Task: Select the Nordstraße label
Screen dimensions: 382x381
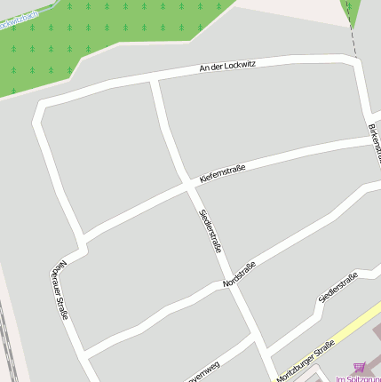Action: click(240, 274)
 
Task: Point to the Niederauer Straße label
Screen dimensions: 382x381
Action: click(60, 289)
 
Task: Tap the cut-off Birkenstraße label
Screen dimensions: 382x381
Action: click(374, 141)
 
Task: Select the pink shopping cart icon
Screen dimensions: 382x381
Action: click(359, 365)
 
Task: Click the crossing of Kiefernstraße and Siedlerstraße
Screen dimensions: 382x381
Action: click(190, 186)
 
